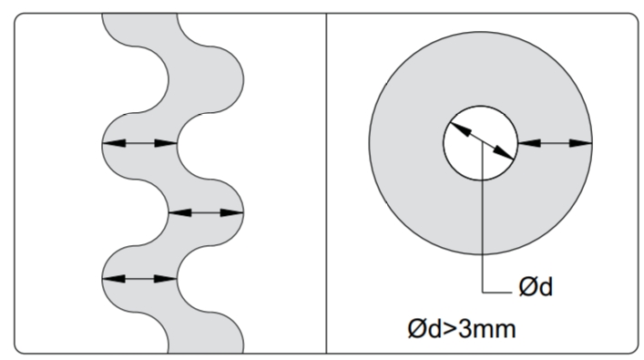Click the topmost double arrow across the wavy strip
139,143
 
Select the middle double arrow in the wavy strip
206,212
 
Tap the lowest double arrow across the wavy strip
139,279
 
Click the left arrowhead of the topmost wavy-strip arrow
114,143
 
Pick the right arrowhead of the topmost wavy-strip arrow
166,143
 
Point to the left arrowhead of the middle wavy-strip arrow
180,212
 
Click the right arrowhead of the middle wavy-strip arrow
232,212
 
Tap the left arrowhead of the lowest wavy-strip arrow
114,279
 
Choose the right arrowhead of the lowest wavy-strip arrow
166,279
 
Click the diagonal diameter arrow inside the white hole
482,140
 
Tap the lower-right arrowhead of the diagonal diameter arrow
503,152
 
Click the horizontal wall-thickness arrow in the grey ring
555,143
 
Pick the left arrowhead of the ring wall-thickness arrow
529,143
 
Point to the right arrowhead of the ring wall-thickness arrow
581,143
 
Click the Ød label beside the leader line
536,286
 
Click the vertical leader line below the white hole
482,217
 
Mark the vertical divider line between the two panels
326,183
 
